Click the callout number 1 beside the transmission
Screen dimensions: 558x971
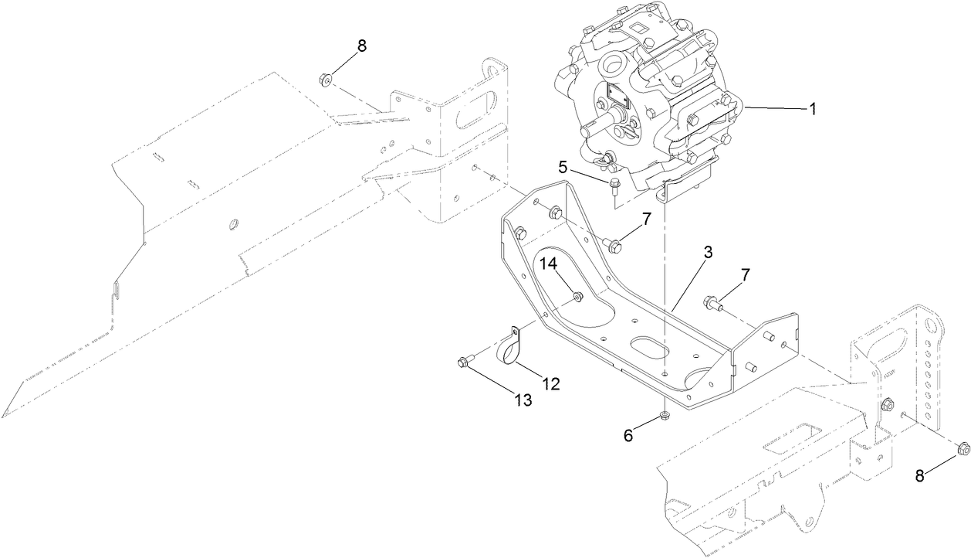click(811, 110)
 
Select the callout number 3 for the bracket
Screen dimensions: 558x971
click(707, 253)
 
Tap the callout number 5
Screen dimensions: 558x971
click(564, 166)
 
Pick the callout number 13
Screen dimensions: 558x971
click(523, 400)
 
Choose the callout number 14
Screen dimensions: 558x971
click(547, 264)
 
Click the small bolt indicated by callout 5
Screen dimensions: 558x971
click(614, 184)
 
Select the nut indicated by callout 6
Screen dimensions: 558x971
click(664, 419)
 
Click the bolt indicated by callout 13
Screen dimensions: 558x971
click(464, 360)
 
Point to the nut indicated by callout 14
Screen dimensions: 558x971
click(577, 296)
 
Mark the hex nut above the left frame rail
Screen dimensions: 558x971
click(326, 78)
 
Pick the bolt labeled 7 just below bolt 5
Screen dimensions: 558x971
click(614, 245)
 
